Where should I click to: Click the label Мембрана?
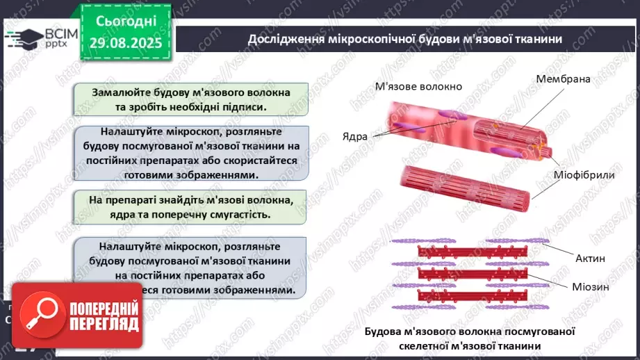tap(563, 79)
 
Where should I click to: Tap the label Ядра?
tap(354, 136)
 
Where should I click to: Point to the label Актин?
tap(590, 259)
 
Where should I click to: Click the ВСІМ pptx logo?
tap(42, 38)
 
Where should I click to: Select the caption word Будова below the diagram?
tap(382, 332)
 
